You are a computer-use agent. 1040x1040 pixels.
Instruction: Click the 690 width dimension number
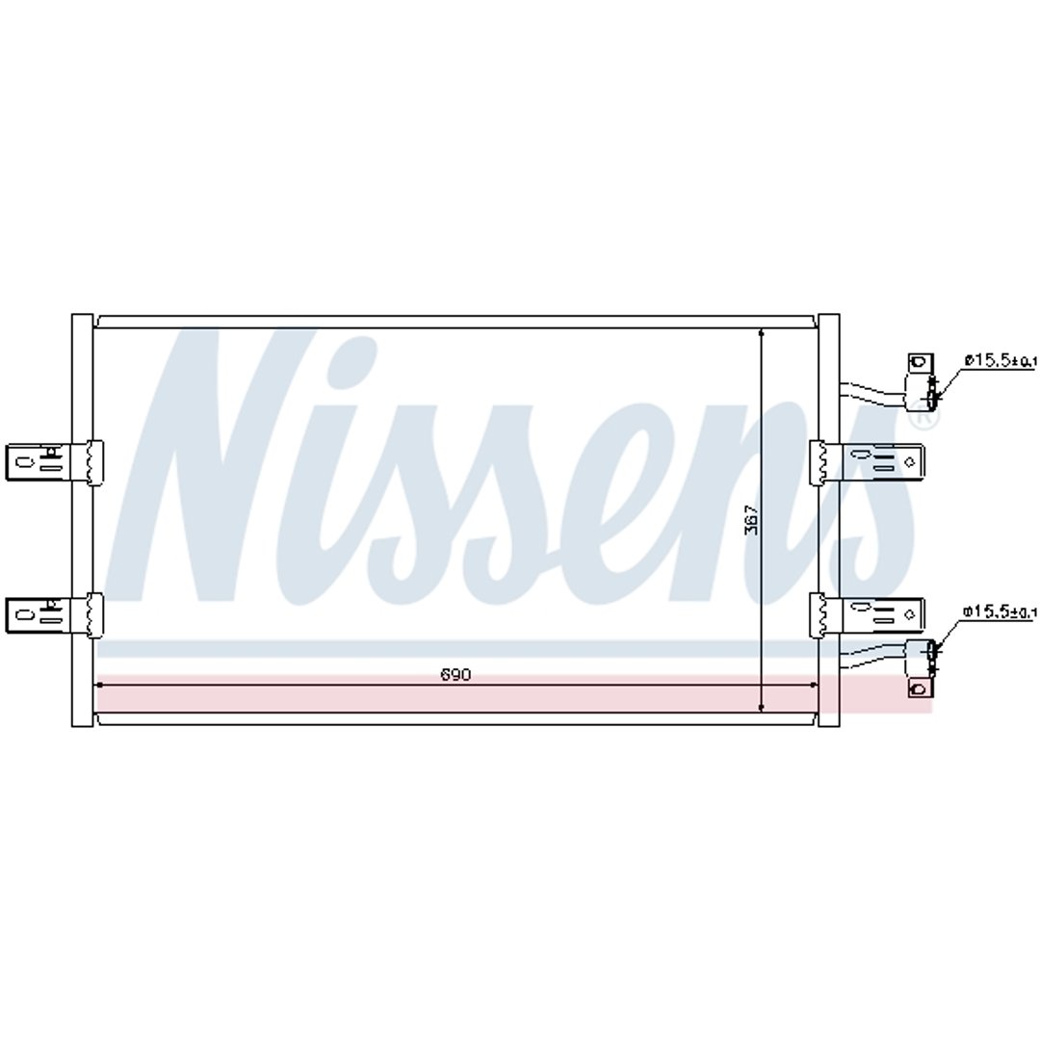point(455,674)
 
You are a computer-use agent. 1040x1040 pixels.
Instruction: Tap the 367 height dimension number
point(751,519)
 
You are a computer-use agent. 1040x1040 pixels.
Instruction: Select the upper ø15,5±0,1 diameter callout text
point(1001,360)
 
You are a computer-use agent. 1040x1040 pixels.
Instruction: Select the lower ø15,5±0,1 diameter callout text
point(1000,611)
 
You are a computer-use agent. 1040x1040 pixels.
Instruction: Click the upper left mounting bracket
point(53,462)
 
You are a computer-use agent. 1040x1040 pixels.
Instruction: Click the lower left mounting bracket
point(53,614)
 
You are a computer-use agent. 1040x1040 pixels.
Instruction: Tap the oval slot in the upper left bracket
point(25,461)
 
